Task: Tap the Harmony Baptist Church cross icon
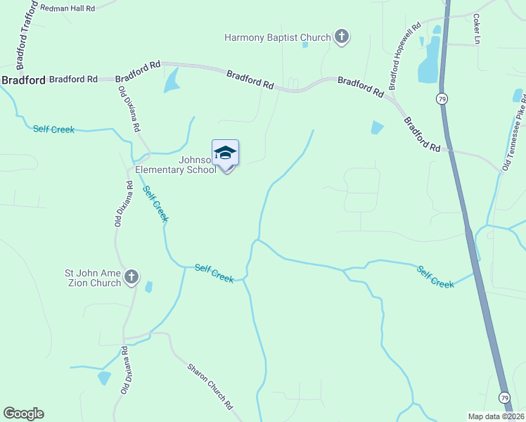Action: (x=341, y=37)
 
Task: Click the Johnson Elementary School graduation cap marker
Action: (x=225, y=153)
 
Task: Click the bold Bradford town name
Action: (x=23, y=80)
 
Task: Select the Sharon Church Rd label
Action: (x=210, y=385)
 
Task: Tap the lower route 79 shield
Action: (x=505, y=398)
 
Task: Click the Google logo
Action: (x=23, y=414)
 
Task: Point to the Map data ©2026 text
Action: (x=496, y=416)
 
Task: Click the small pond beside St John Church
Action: (x=148, y=286)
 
